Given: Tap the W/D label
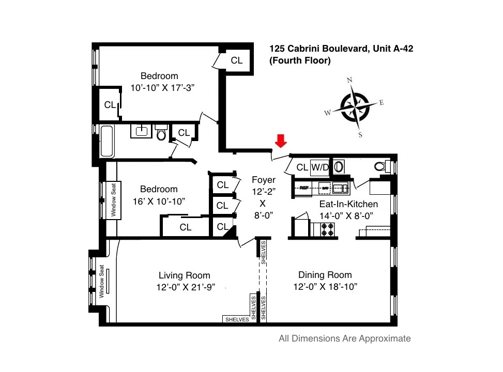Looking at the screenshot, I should click(319, 167).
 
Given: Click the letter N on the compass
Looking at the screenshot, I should click(350, 80).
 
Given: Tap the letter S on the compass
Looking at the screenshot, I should click(360, 135).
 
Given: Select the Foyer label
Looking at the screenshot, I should click(264, 180).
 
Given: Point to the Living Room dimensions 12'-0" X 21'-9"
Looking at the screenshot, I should click(184, 287).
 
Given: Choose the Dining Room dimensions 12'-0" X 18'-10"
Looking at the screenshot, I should click(325, 287).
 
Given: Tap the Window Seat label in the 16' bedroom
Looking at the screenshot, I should click(113, 200).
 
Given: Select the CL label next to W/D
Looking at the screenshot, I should click(302, 167).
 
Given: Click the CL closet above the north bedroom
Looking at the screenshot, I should click(236, 60).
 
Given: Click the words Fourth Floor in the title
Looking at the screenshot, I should click(300, 60).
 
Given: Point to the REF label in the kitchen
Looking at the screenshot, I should click(304, 187).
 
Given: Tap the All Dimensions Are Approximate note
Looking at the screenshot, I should click(344, 339).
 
